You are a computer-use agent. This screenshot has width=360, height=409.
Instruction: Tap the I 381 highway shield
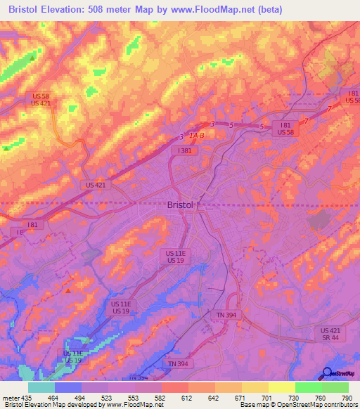point(185,150)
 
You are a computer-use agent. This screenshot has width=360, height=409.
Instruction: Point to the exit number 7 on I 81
point(328,109)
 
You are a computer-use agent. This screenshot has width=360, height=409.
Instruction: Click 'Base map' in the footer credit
point(254,405)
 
